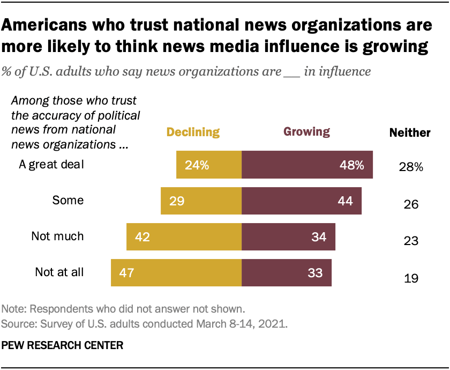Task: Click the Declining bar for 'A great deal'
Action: [209, 165]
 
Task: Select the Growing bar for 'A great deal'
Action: [307, 165]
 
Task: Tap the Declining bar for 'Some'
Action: [201, 201]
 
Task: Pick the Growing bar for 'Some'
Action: [301, 201]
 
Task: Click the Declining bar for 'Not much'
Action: [184, 236]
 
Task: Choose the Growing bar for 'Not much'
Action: [288, 236]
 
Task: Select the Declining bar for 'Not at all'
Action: [176, 272]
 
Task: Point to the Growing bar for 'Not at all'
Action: [286, 272]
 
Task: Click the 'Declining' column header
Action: [193, 132]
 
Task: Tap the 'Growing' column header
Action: [306, 132]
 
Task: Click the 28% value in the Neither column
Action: [411, 167]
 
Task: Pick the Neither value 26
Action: [411, 205]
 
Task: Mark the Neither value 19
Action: [411, 278]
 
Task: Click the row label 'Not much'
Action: [57, 236]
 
